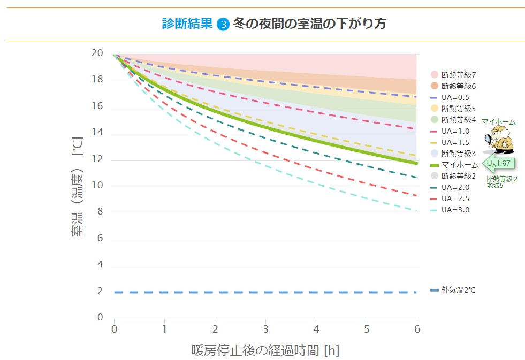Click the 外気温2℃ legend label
[458, 290]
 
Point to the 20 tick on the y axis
[97, 53]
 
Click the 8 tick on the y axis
[100, 212]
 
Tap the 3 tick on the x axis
[265, 328]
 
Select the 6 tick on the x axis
[417, 328]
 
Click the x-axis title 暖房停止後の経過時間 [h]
[265, 351]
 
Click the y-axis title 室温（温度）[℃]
[78, 186]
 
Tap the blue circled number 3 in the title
[224, 24]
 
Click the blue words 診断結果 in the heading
[187, 24]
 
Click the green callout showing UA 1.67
[499, 163]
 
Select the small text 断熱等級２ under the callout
[501, 179]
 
